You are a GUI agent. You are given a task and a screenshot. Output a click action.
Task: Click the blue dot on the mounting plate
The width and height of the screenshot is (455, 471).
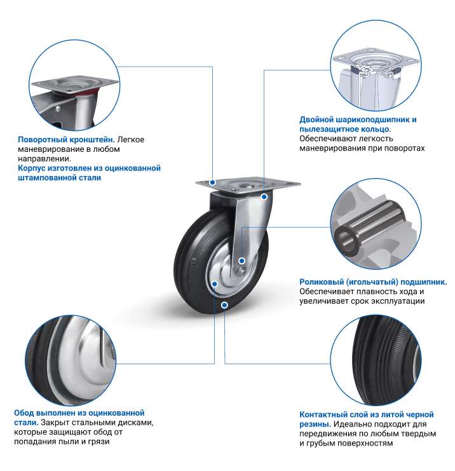pos(213,182)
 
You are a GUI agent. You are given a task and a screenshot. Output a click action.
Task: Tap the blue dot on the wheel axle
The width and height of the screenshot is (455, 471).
pos(241,261)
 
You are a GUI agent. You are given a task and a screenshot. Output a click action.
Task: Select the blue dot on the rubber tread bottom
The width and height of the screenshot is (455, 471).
pos(224,306)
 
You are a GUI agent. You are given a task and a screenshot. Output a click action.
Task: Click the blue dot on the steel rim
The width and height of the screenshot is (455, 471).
pos(215,284)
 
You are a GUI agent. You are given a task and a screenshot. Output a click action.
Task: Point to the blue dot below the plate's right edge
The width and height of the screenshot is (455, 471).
pos(264,197)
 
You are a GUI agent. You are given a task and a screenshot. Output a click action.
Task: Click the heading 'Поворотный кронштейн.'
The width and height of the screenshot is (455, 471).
pos(66,140)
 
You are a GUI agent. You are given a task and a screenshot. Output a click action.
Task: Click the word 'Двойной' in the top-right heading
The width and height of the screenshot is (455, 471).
pos(316,120)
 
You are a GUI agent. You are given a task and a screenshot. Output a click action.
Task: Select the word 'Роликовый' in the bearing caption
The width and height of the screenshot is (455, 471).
pos(321,282)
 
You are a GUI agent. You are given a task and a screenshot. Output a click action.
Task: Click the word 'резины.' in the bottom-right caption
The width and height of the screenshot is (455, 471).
pos(315,424)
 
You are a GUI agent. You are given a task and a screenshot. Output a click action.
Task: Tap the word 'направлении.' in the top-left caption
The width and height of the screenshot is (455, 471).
pos(44,159)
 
